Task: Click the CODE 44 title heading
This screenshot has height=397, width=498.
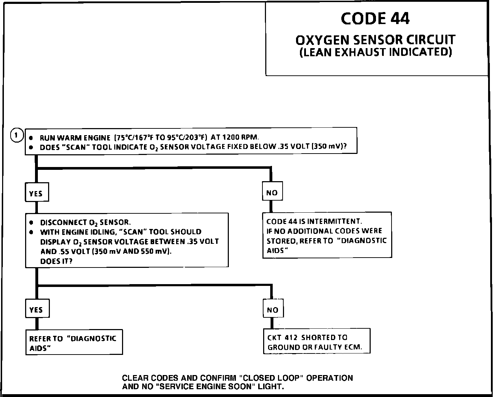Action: (375, 18)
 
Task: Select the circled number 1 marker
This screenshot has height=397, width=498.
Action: (17, 135)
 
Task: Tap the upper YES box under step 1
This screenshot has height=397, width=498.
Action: (36, 194)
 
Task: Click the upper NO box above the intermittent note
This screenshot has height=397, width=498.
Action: (272, 193)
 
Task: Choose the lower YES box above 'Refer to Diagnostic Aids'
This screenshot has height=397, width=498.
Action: (36, 310)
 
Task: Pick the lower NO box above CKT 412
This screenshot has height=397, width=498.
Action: (272, 310)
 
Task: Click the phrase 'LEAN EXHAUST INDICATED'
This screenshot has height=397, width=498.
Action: (375, 52)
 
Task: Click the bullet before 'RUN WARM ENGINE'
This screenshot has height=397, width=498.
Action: (31, 138)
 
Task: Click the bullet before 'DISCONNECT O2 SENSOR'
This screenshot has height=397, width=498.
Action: (31, 223)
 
